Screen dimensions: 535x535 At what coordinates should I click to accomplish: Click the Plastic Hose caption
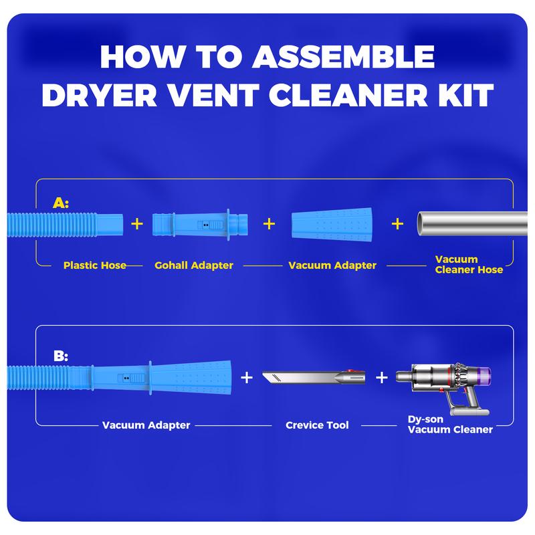click(x=94, y=265)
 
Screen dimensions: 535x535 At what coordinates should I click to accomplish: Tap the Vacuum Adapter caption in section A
click(x=332, y=265)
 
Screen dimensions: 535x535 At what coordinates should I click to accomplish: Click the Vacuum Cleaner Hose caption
click(x=467, y=265)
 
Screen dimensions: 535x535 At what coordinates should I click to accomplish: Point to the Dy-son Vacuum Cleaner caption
click(x=450, y=425)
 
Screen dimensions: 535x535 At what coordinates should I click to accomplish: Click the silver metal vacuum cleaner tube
click(x=471, y=225)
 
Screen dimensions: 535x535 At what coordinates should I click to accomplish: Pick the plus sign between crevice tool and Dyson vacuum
click(x=381, y=378)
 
